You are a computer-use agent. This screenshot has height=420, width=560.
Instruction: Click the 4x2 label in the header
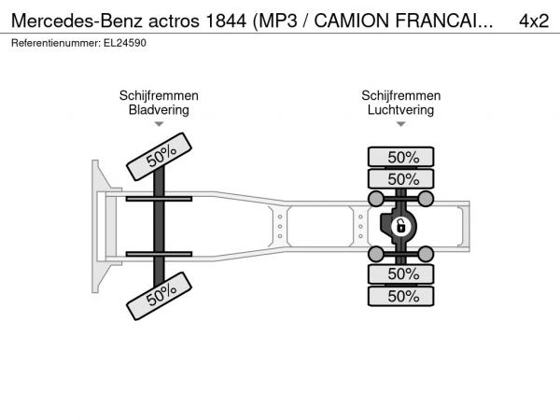point(534,21)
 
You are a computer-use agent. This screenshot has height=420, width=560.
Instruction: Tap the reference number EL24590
point(125,43)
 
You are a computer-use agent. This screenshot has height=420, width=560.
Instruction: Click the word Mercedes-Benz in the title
point(77,21)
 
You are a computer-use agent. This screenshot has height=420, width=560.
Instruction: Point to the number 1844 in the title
point(226,21)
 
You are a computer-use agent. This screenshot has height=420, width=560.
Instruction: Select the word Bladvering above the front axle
point(159,109)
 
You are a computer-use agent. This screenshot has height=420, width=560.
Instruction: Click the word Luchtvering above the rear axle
point(400,109)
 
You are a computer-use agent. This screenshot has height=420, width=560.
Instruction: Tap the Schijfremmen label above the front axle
point(159,96)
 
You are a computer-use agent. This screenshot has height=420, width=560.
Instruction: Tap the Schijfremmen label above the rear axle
point(400,96)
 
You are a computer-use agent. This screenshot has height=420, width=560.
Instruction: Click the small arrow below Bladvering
point(159,124)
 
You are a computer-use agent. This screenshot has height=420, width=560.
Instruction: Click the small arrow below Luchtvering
point(400,124)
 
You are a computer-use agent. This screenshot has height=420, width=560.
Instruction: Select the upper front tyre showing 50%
point(159,157)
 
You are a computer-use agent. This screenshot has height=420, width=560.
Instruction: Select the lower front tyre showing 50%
point(159,296)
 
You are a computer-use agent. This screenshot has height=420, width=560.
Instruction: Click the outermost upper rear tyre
point(400,157)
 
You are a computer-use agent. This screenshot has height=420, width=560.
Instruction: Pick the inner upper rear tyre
point(400,178)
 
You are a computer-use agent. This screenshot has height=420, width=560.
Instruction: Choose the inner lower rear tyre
point(400,274)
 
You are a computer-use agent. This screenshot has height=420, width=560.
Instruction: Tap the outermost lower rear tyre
point(400,296)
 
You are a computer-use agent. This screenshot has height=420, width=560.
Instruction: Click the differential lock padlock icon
point(400,226)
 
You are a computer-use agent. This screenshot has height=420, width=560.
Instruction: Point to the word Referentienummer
point(56,43)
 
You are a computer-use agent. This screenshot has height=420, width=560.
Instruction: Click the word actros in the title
point(174,21)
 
